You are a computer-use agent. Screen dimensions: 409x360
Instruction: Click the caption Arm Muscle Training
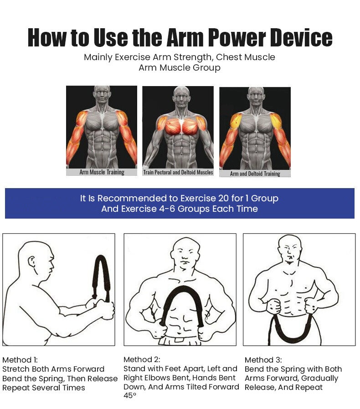coord(102,172)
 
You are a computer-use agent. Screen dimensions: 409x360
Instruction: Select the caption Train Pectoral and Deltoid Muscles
coord(178,172)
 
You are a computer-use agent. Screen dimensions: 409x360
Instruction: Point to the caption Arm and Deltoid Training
coord(255,174)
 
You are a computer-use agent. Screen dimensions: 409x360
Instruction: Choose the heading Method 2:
coord(142,359)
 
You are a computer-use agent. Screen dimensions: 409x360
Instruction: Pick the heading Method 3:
coord(263,360)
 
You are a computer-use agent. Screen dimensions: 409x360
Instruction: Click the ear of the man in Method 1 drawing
coord(33,263)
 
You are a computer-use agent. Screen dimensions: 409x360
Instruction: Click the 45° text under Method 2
coord(130,396)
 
